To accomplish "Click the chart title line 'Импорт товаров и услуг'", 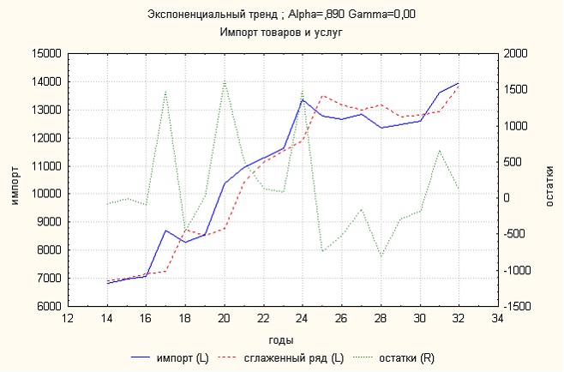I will [x=281, y=32].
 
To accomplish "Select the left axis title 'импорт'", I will [x=15, y=180].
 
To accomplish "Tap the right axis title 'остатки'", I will [x=549, y=180].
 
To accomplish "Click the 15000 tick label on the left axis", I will [x=45, y=54].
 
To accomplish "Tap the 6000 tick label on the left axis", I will [x=48, y=306].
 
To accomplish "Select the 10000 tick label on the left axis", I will [x=45, y=194].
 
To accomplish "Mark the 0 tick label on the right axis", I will [x=507, y=198].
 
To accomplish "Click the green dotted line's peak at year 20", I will [x=224, y=81].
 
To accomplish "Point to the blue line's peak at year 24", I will [x=302, y=99].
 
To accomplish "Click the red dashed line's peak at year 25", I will [x=321, y=96].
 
